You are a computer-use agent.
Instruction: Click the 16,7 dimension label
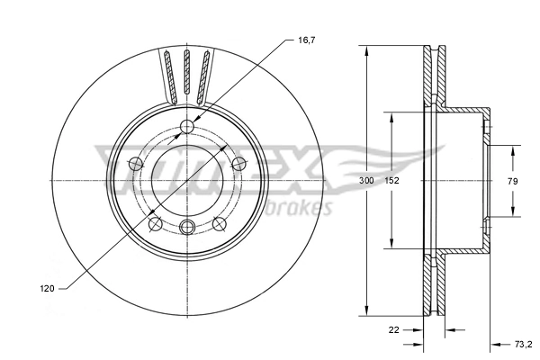point(308,40)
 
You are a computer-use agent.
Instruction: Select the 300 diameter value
point(366,182)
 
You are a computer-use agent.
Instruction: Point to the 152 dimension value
point(391,182)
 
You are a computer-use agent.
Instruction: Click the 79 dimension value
point(512,182)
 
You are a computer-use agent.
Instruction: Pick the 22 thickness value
point(393,329)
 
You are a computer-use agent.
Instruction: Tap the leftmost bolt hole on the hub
point(135,164)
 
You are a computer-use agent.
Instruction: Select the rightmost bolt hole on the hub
point(238,163)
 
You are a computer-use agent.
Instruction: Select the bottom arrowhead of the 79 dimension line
point(512,213)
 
